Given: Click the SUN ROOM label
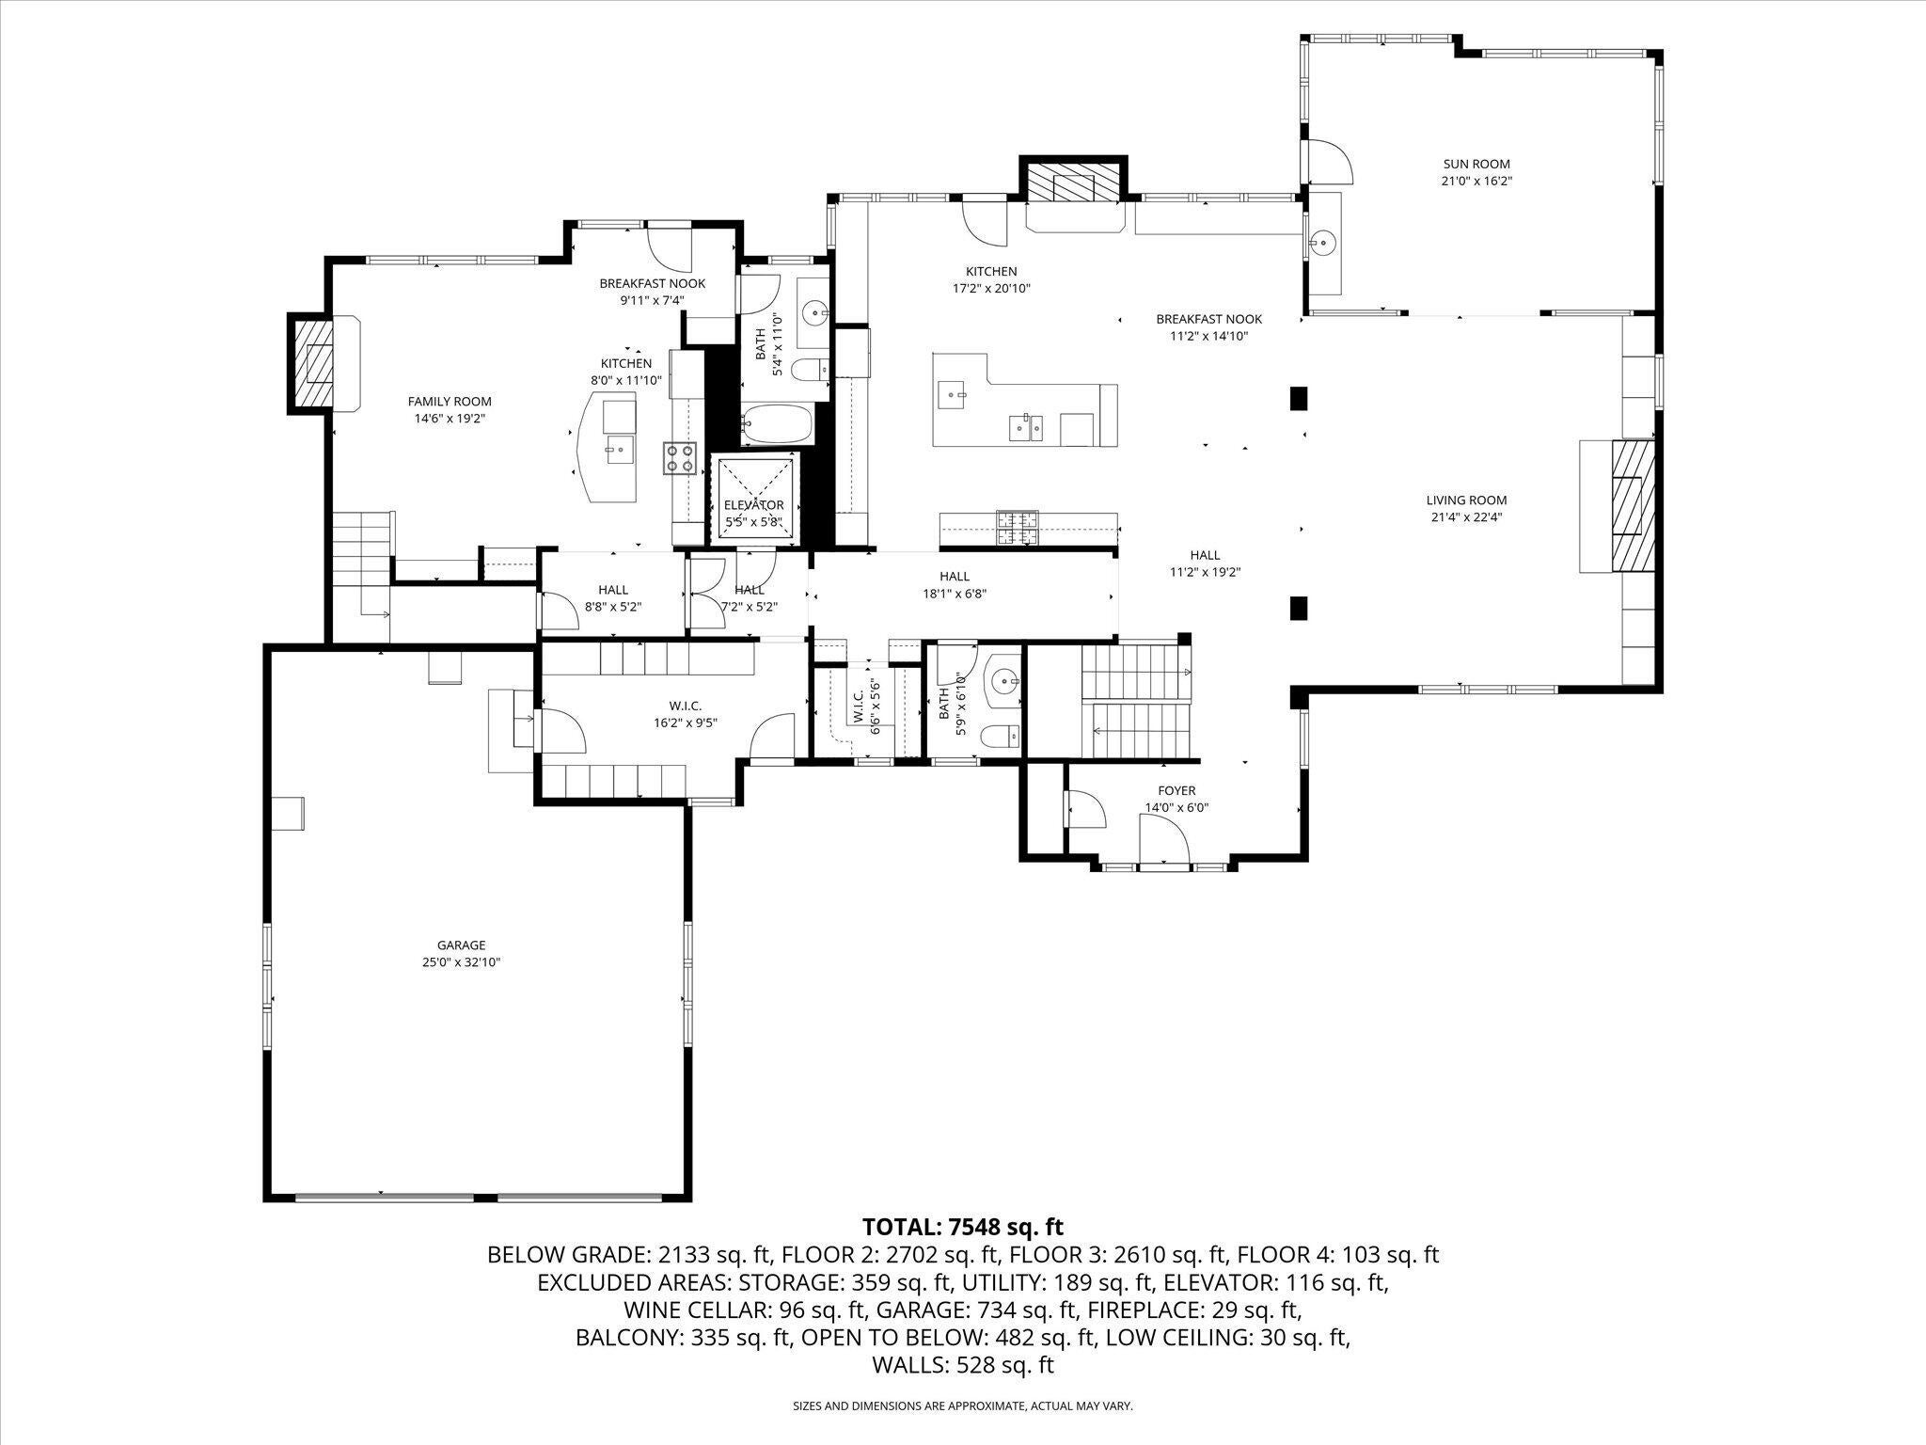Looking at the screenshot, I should click(x=1476, y=164).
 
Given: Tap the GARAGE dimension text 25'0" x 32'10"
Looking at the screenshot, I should click(x=461, y=962).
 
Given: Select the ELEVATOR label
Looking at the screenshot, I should click(x=753, y=505).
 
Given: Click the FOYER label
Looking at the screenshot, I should click(x=1176, y=791).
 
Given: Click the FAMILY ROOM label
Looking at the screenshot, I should click(x=449, y=402).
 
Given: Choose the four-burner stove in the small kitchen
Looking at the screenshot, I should click(x=680, y=457).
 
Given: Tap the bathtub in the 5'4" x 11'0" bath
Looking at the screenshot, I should click(x=776, y=424).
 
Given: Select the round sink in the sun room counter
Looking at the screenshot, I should click(x=1323, y=243).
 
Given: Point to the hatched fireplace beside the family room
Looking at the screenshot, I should click(x=311, y=363).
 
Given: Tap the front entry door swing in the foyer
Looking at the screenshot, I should click(x=1162, y=837).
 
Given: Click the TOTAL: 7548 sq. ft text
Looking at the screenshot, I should click(x=962, y=1227).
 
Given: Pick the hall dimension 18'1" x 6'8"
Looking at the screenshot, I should click(x=954, y=594).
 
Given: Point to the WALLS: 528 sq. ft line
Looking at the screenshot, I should click(x=962, y=1365).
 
